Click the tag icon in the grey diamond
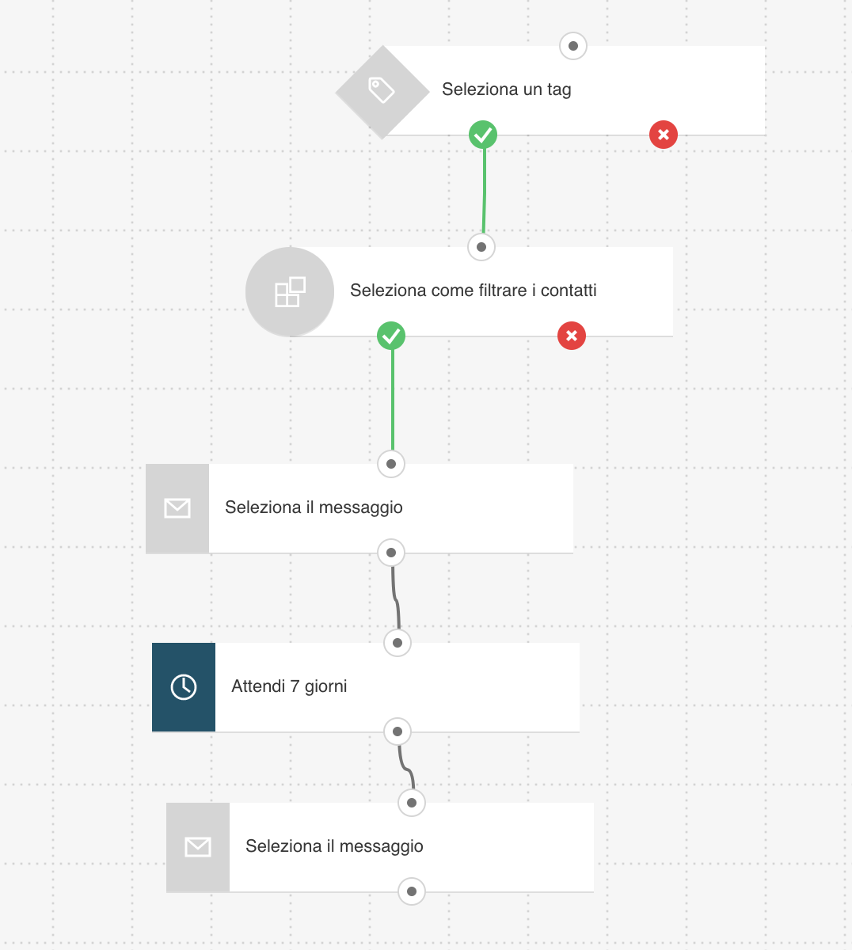click(x=382, y=89)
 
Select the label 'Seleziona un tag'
click(x=506, y=89)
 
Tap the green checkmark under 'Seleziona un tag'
click(x=483, y=135)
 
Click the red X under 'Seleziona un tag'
click(x=664, y=135)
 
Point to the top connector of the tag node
click(x=572, y=46)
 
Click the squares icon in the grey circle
click(x=290, y=291)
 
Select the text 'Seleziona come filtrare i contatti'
click(x=473, y=291)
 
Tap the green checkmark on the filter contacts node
click(x=391, y=336)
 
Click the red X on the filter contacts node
click(x=572, y=336)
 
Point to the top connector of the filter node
click(x=481, y=247)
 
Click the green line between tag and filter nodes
click(x=484, y=191)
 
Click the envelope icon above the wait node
click(x=177, y=508)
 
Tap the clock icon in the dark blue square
click(x=184, y=687)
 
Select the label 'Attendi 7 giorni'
click(x=289, y=686)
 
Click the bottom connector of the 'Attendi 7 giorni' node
click(x=397, y=731)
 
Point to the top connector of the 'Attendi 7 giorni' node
click(x=397, y=643)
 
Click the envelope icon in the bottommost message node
click(x=198, y=847)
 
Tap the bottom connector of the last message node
click(x=412, y=891)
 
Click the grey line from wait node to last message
click(x=406, y=768)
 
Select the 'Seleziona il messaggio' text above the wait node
click(x=314, y=507)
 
